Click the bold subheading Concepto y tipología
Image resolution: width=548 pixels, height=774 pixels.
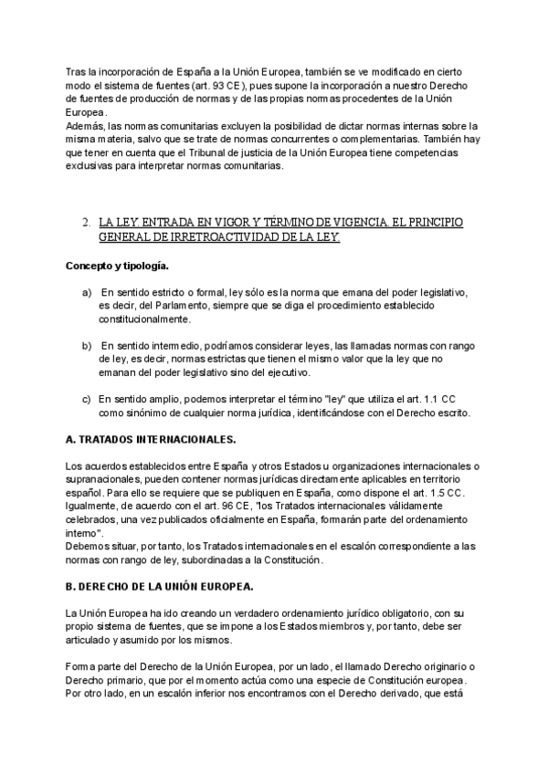[x=116, y=266]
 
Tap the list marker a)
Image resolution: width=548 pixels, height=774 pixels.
[x=87, y=292]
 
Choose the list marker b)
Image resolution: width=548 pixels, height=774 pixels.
[x=87, y=346]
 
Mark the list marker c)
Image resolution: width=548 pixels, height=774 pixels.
[x=87, y=399]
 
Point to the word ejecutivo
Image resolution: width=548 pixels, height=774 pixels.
[x=337, y=372]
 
